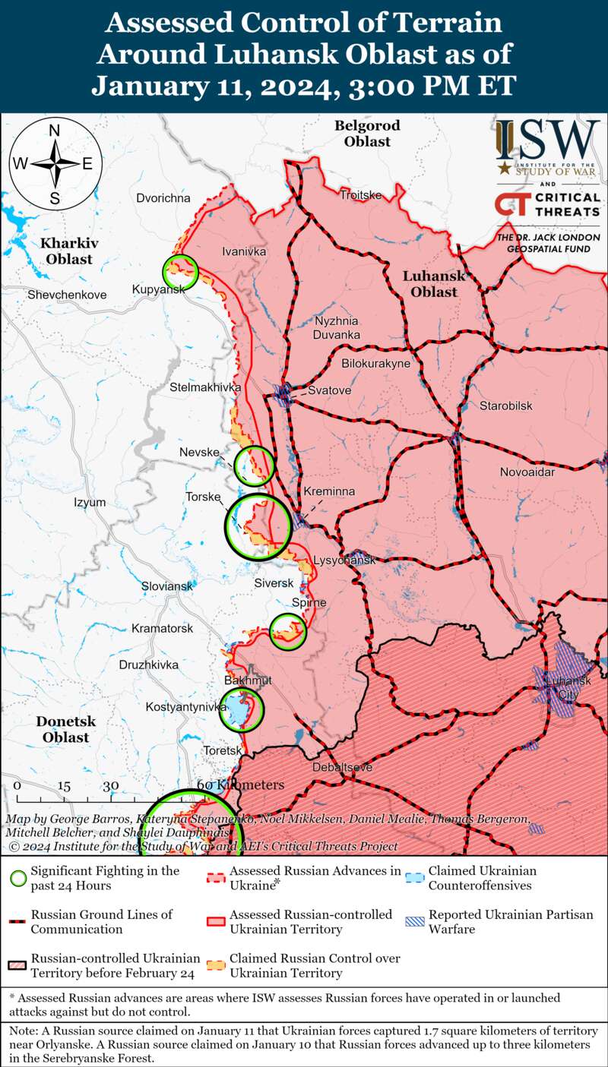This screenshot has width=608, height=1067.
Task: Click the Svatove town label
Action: click(x=329, y=390)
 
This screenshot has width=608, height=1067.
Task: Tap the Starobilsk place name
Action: click(x=505, y=406)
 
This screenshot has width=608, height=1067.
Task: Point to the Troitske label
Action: click(x=360, y=195)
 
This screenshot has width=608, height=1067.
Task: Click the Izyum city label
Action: click(x=90, y=502)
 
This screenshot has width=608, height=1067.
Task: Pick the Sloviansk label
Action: click(x=167, y=586)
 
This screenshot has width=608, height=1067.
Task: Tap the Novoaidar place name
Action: click(x=527, y=472)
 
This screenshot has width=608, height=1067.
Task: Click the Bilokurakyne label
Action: click(x=375, y=364)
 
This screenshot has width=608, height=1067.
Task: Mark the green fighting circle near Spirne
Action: click(x=288, y=631)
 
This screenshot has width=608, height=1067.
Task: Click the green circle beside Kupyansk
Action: click(x=180, y=271)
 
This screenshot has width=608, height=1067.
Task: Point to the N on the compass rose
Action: click(x=55, y=130)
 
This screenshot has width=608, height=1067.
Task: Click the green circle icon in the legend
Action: click(x=18, y=879)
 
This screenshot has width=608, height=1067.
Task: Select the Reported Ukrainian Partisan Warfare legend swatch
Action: click(x=414, y=922)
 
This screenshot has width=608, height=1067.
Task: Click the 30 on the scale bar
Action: click(x=111, y=785)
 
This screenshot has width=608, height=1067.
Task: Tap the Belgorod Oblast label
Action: click(x=366, y=133)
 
